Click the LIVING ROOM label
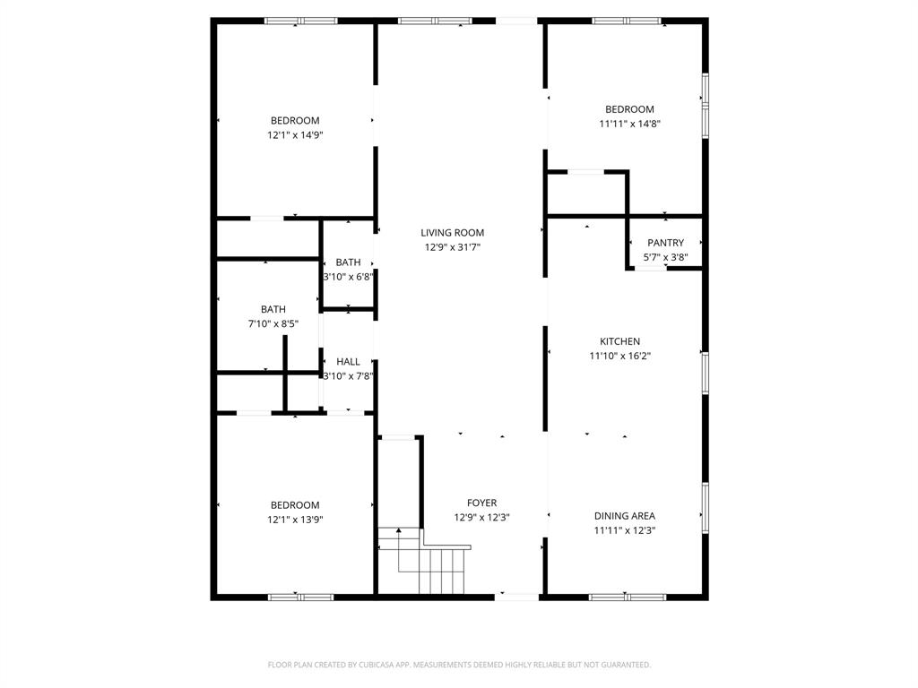[453, 233]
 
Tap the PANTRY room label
[665, 243]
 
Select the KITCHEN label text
[619, 341]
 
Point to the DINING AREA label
[625, 516]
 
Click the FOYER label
[481, 503]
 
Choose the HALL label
[349, 362]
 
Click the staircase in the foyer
[433, 564]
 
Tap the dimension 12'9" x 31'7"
[453, 247]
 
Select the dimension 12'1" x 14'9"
[295, 135]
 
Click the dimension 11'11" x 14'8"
[630, 124]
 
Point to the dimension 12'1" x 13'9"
[295, 520]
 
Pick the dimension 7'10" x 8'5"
[273, 323]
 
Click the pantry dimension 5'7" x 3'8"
[665, 257]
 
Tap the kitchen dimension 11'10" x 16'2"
[619, 356]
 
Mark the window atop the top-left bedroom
[300, 21]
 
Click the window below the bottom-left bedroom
[300, 597]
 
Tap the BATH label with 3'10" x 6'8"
[349, 262]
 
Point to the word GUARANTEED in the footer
[624, 665]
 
